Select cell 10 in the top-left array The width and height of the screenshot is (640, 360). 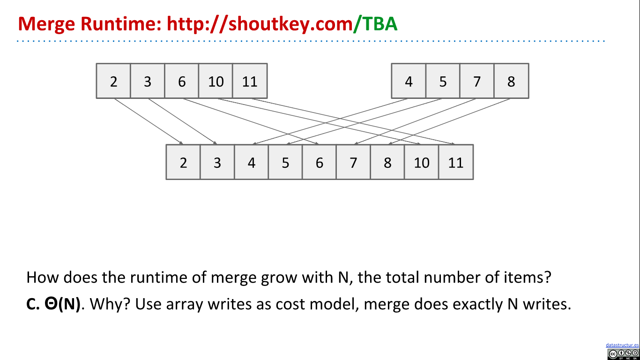pyautogui.click(x=216, y=81)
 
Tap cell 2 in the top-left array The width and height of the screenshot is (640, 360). pyautogui.click(x=113, y=81)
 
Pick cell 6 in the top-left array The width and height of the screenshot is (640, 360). pyautogui.click(x=182, y=81)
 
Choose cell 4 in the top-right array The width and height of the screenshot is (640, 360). pyautogui.click(x=409, y=81)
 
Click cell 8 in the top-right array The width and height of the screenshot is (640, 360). pyautogui.click(x=511, y=81)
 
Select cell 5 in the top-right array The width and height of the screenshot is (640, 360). pyautogui.click(x=443, y=81)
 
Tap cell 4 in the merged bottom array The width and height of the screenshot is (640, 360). pyautogui.click(x=252, y=162)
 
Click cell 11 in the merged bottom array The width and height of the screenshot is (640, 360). pyautogui.click(x=456, y=162)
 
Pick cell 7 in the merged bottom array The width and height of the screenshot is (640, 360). pyautogui.click(x=353, y=162)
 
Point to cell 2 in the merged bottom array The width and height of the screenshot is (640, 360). pyautogui.click(x=183, y=162)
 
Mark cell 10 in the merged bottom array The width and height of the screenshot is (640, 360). pyautogui.click(x=422, y=162)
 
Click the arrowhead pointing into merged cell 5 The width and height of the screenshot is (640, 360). pyautogui.click(x=289, y=143)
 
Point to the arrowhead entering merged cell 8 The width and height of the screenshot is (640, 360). pyautogui.click(x=390, y=143)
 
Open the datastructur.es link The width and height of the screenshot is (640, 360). pyautogui.click(x=622, y=345)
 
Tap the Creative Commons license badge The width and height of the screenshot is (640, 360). pyautogui.click(x=623, y=354)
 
